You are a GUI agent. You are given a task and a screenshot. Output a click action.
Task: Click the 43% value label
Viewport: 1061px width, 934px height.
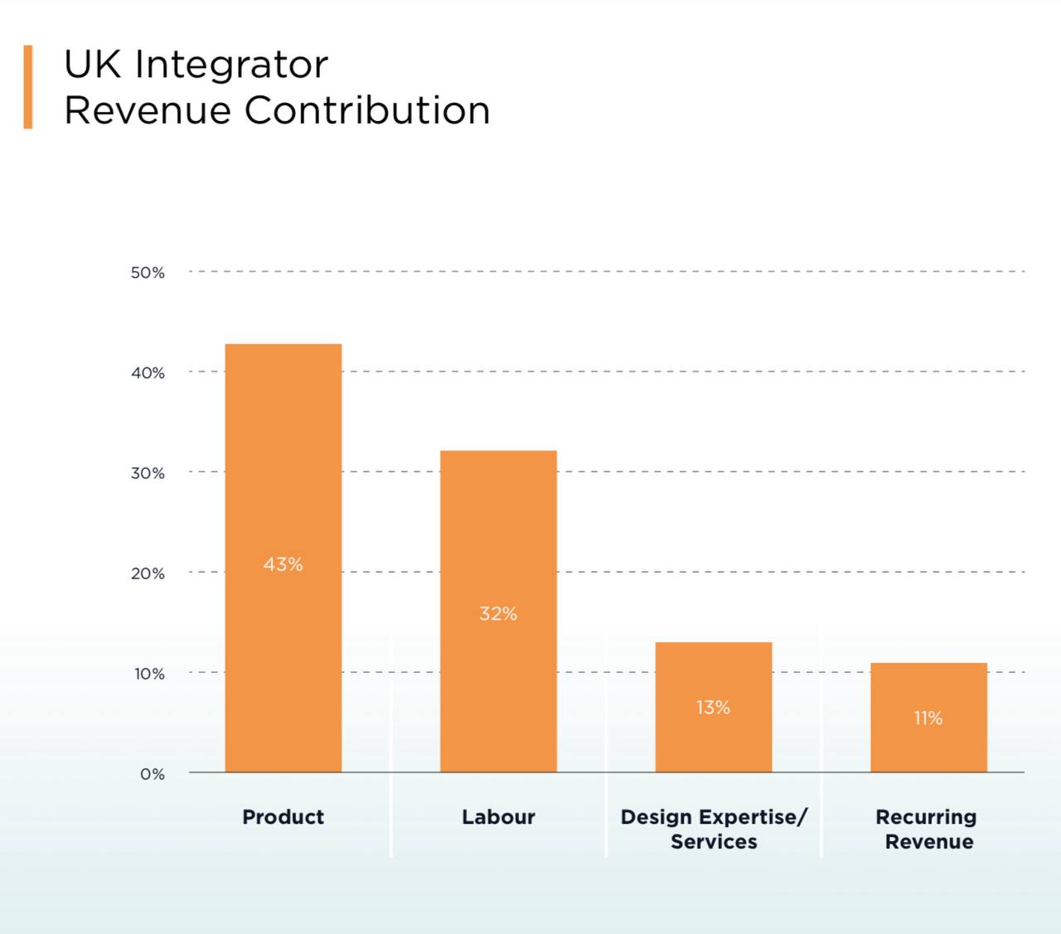283,564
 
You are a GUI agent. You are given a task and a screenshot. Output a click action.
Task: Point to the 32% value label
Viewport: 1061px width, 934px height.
498,614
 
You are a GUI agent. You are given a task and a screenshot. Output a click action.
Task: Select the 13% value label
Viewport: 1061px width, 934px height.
713,708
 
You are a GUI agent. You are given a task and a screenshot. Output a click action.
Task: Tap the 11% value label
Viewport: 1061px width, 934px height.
928,719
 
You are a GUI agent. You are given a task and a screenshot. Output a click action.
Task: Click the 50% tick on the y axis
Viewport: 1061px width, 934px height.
148,273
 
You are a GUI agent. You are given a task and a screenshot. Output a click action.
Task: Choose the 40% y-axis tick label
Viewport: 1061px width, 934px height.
148,373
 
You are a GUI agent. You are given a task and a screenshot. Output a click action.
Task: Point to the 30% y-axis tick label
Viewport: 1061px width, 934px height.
148,473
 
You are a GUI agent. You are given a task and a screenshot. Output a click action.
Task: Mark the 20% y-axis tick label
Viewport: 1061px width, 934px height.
148,573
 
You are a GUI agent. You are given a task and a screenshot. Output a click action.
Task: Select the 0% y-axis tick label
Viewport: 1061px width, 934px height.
153,774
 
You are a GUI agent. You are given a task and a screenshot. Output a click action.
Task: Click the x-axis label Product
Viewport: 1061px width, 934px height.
283,817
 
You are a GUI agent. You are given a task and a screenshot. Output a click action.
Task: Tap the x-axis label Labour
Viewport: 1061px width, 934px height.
498,817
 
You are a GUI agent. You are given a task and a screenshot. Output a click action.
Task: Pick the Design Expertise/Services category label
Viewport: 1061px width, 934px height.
714,829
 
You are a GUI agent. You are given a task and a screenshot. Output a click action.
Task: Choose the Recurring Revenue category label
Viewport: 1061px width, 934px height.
928,829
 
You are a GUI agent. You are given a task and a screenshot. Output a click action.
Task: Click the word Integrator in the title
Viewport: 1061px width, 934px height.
232,65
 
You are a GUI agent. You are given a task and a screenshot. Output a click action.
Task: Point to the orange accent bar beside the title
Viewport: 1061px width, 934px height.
28,87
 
